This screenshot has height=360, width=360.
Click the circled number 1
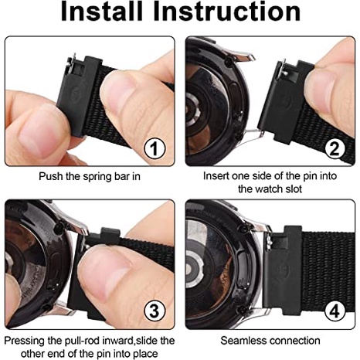coord(155,148)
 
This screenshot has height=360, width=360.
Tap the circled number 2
coord(335,148)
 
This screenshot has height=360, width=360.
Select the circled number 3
coord(155,311)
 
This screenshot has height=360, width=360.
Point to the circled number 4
coord(335,311)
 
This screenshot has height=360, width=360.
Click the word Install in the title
coord(102,11)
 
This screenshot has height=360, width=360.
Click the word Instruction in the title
coord(227,11)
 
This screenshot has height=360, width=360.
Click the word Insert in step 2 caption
coord(216,176)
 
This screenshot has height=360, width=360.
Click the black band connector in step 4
coord(282,270)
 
